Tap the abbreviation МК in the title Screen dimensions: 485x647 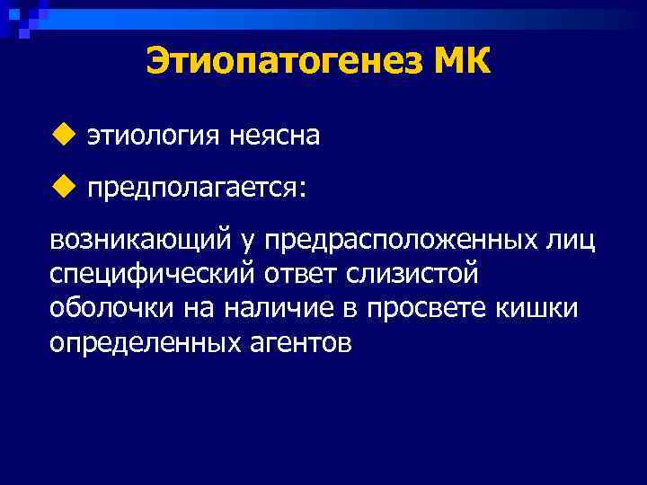[x=463, y=63]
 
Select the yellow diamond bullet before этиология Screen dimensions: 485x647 [x=61, y=136]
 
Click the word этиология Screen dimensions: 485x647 [x=153, y=137]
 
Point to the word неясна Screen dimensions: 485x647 [x=274, y=137]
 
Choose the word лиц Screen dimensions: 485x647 [x=572, y=241]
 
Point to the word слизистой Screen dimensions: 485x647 [x=419, y=275]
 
